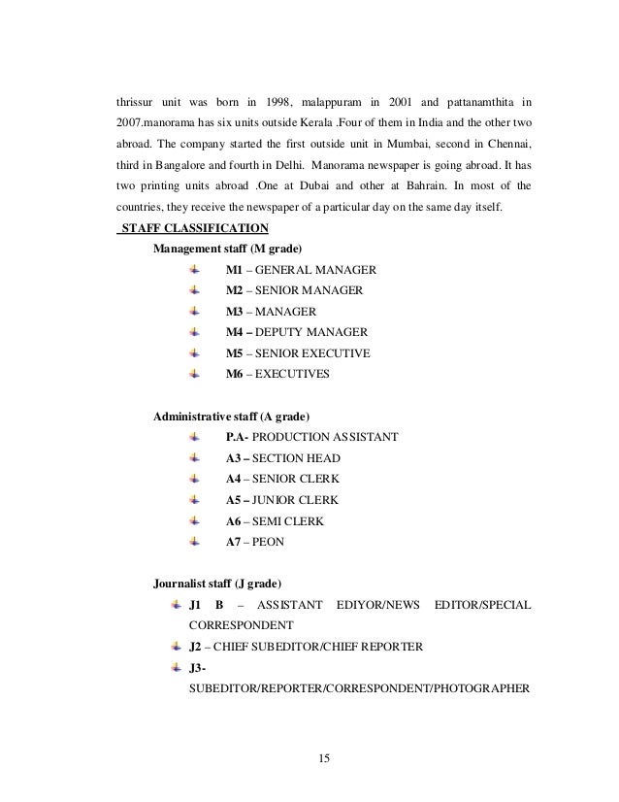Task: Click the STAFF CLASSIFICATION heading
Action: (193, 228)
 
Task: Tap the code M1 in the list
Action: (235, 269)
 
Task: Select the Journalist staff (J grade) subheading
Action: (218, 584)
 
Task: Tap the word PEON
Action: (269, 542)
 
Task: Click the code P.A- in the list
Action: (237, 437)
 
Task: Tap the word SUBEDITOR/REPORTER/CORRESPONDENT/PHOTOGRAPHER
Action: (358, 688)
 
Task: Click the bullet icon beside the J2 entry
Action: (175, 646)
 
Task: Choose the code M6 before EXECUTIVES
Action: (235, 374)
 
